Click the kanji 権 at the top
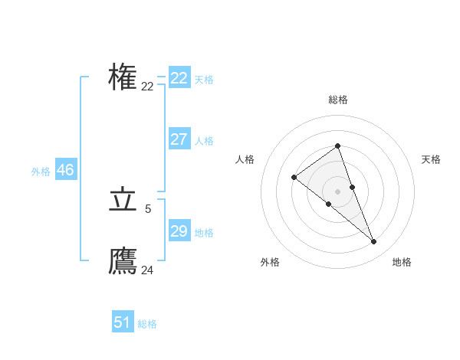pos(123,78)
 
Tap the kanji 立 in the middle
pos(123,201)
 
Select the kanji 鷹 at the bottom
pos(123,262)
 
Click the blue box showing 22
pos(179,78)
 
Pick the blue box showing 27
pos(179,139)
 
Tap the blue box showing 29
pos(179,231)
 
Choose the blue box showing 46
pos(65,170)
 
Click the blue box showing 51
pos(123,322)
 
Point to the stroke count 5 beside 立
pos(148,208)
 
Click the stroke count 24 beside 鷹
pos(148,270)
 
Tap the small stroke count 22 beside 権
pos(148,87)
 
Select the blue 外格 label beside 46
pos(41,172)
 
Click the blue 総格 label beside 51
pos(147,324)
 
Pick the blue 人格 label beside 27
pos(204,141)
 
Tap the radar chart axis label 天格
pos(431,159)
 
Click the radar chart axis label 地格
pos(402,262)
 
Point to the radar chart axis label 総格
pos(338,100)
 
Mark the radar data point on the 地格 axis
pos(373,242)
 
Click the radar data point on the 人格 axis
pos(294,178)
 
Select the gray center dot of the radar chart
pos(337,191)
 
